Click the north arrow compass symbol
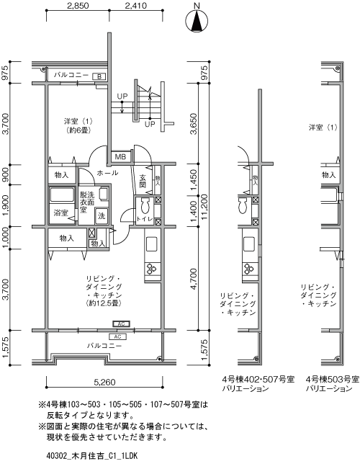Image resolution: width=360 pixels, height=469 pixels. pos(197,22)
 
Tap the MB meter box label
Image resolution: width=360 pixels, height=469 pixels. pos(120,157)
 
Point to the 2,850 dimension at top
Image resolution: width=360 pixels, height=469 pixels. pos(77,8)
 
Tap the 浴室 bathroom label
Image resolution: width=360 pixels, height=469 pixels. pos(60,213)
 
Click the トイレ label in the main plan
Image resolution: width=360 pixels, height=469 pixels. pos(144,219)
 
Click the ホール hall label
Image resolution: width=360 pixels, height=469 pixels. pos(107,174)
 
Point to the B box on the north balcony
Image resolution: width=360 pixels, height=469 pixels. pos(100,76)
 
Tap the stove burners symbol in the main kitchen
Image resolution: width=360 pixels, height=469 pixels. pos(152,269)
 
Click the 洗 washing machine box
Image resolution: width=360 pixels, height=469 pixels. pos(102,215)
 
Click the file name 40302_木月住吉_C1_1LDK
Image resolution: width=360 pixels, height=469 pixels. pos(92,456)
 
